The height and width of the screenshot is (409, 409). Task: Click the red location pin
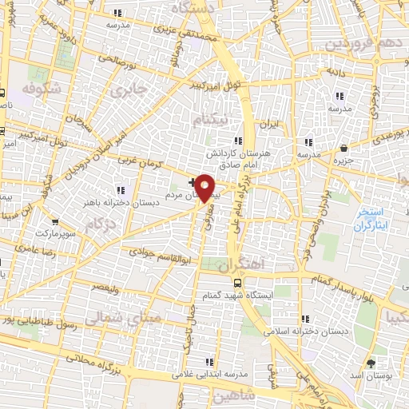pyautogui.click(x=205, y=187)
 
